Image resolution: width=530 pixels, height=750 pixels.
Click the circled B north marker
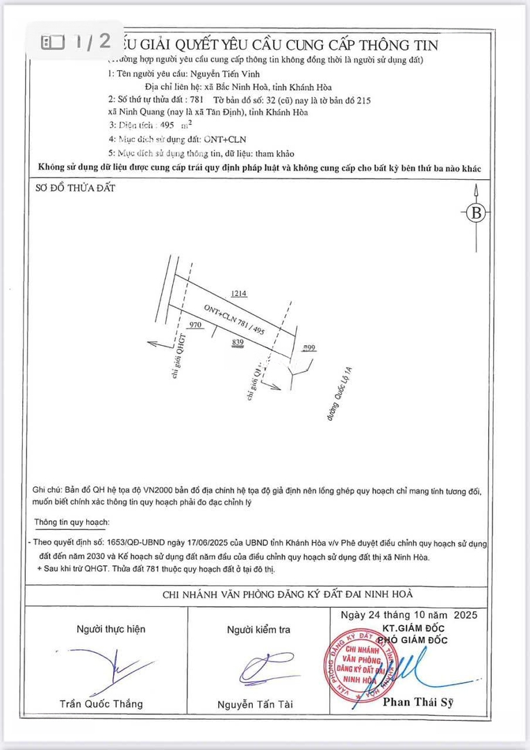(476, 213)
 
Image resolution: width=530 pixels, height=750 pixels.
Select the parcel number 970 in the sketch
(195, 324)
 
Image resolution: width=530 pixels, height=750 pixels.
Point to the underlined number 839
(238, 342)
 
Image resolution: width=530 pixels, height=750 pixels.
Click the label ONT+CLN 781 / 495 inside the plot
(234, 319)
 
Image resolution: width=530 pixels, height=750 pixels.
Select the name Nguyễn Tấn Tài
(255, 704)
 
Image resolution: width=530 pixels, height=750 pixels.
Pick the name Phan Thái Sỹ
(418, 702)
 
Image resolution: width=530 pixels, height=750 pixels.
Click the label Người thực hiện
(111, 629)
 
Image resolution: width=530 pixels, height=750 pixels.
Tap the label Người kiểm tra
(258, 630)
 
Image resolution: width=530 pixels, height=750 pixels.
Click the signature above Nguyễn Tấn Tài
(262, 669)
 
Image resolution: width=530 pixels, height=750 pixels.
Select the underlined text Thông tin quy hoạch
(72, 522)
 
